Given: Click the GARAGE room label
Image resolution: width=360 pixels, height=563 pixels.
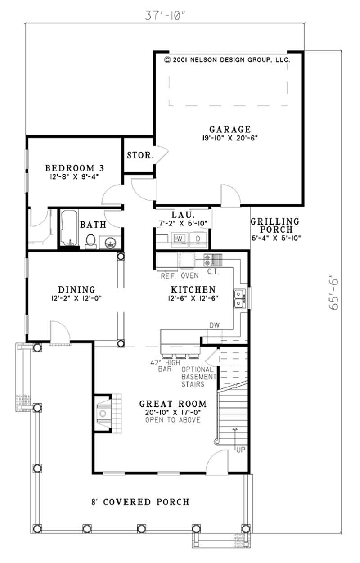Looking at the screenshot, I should click(229, 129).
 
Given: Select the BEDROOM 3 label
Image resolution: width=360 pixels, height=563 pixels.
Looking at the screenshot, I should click(75, 168).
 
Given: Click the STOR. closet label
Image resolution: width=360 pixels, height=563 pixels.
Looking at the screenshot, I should click(140, 156).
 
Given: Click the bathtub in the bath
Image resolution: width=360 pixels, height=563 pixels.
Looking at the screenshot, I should click(68, 228).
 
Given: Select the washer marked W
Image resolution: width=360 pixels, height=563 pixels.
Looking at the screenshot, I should click(179, 238).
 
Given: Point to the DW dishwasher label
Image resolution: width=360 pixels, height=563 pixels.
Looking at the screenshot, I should click(214, 325).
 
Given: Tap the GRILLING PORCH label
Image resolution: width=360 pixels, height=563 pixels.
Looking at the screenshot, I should click(275, 225).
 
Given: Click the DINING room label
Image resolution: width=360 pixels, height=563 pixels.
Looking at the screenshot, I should click(76, 289).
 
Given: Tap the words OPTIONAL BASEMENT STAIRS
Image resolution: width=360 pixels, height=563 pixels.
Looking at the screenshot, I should click(198, 377).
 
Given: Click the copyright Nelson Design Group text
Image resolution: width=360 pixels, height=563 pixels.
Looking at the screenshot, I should click(227, 59).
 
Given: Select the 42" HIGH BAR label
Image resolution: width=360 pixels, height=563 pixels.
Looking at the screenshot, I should click(165, 365).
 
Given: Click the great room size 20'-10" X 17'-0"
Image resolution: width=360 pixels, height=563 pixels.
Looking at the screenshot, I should click(173, 412).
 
